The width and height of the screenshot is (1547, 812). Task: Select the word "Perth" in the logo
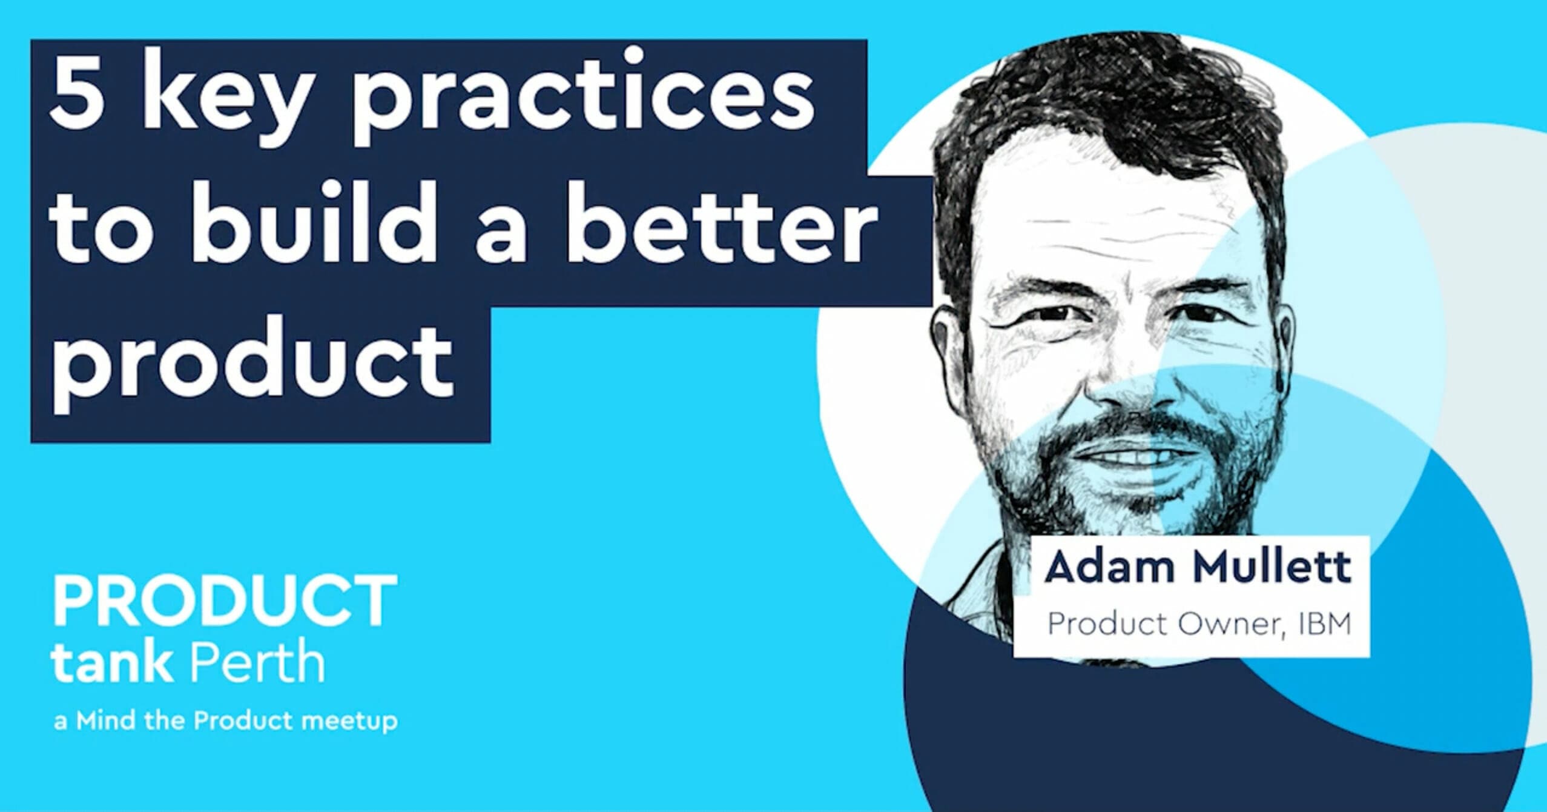click(257, 662)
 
